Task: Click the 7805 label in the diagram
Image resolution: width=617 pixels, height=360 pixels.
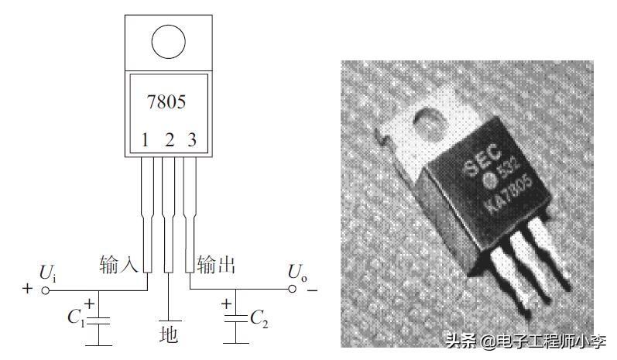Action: coord(166,101)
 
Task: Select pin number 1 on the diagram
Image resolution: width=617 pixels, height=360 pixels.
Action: coord(144,141)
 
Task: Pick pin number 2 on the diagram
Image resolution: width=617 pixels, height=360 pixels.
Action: coord(168,141)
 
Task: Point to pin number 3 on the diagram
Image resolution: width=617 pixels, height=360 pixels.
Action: coord(192,141)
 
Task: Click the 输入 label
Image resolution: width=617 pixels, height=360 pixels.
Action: coord(118,265)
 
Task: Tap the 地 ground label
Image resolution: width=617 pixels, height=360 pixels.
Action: coord(168,334)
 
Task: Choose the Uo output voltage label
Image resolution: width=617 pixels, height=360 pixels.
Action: coord(296,272)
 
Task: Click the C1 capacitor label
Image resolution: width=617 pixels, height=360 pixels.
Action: coord(75,317)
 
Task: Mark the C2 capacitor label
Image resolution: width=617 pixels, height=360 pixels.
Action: coord(260,317)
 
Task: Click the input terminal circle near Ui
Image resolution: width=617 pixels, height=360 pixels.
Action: coord(46,290)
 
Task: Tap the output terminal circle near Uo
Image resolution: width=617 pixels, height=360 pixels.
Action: coord(293,290)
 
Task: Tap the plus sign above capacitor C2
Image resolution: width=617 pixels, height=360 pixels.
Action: coord(226,303)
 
